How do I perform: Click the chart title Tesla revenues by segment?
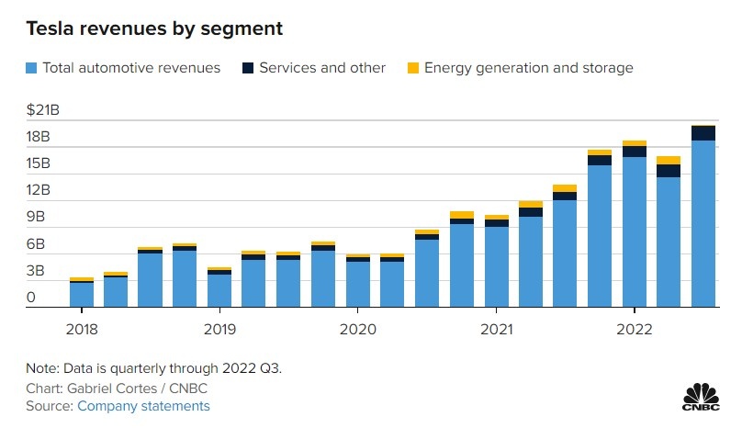coord(154,28)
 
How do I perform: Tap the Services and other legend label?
coord(322,68)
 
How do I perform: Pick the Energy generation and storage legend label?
coord(528,68)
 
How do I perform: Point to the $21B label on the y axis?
coord(43,110)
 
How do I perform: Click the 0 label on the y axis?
coord(31,298)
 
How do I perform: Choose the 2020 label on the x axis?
coord(357,330)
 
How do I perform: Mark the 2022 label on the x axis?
coord(635,330)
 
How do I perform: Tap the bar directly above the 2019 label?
coord(219,287)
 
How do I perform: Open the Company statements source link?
coord(143,405)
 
